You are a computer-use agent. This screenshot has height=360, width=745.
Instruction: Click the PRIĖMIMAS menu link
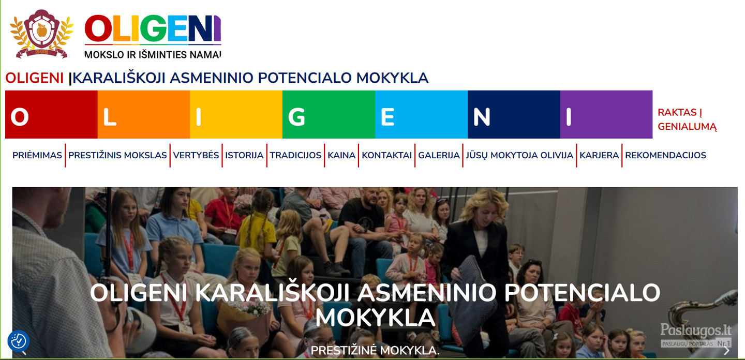[x=37, y=155]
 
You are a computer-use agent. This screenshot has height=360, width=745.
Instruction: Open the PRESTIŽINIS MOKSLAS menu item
[x=117, y=155]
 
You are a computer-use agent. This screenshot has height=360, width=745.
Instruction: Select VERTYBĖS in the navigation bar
[x=196, y=155]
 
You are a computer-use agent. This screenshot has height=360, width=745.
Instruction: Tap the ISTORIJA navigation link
[x=244, y=155]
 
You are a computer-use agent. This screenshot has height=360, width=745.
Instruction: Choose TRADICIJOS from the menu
[x=295, y=155]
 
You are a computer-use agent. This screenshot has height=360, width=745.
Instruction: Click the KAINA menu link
[x=341, y=155]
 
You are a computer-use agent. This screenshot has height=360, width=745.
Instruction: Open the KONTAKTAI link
[x=387, y=155]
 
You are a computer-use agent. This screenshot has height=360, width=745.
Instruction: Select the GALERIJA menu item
[x=439, y=155]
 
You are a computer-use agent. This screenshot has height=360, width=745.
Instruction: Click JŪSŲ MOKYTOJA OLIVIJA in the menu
[x=519, y=155]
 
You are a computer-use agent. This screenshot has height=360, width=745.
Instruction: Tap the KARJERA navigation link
[x=599, y=155]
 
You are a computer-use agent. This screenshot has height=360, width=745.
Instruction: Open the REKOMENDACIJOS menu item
[x=665, y=155]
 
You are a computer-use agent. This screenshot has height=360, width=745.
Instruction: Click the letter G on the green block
[x=296, y=117]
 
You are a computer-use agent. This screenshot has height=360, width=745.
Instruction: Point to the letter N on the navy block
[x=482, y=117]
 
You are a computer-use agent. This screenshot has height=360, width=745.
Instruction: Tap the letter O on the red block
[x=20, y=117]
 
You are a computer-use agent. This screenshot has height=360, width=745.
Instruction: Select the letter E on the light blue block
[x=388, y=117]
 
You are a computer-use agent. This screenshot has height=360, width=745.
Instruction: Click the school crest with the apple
[x=41, y=34]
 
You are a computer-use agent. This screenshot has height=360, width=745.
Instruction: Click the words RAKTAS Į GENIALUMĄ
[x=687, y=119]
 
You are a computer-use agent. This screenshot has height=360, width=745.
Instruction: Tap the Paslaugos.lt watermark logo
[x=696, y=335]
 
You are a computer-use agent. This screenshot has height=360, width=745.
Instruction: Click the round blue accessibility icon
[x=19, y=341]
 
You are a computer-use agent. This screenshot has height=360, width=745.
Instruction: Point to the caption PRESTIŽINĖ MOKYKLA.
[x=375, y=350]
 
